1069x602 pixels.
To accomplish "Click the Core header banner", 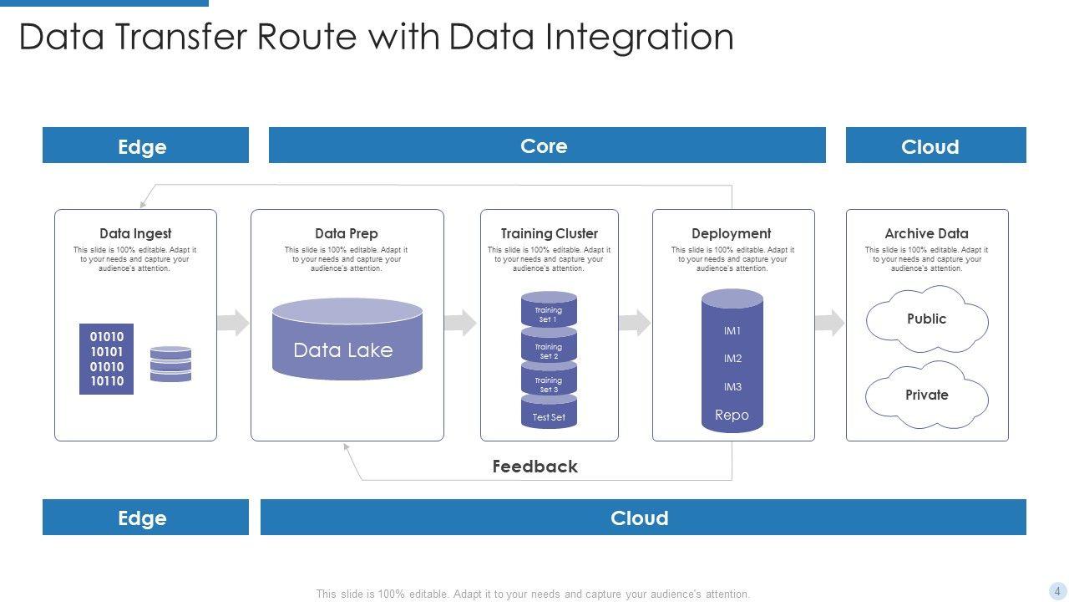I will point(547,145).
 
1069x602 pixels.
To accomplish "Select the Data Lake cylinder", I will point(347,339).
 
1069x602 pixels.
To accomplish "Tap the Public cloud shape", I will point(927,319).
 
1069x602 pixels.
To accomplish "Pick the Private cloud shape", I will point(927,395).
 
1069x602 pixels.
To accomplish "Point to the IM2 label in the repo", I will point(732,359).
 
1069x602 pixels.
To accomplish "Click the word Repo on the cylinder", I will point(732,415).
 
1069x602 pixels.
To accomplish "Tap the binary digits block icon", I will point(106,359).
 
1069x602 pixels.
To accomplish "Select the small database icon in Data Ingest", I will point(170,364).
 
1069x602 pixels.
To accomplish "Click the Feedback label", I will point(534,467).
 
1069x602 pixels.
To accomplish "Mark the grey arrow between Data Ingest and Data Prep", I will point(233,323).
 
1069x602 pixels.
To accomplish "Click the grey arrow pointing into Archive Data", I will point(829,323).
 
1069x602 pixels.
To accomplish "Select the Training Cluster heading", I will point(549,233).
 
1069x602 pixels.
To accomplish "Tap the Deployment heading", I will point(731,233).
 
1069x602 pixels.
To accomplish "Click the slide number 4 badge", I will point(1057,591).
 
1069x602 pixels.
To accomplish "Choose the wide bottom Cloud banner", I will point(642,518).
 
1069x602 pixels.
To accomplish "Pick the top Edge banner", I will point(145,145).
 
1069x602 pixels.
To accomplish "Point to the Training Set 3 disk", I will point(549,384).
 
